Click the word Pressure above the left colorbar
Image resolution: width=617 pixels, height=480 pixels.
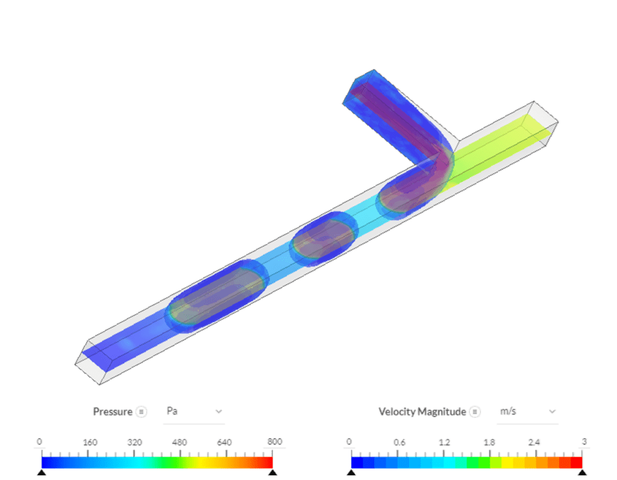click(x=113, y=411)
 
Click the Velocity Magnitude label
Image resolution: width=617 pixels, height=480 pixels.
click(x=422, y=411)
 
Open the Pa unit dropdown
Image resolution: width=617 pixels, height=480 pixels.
click(x=194, y=411)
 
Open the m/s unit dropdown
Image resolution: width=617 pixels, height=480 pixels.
click(x=527, y=411)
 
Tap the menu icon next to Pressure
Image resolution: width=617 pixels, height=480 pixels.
click(x=141, y=412)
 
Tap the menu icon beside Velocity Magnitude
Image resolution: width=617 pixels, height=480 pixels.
click(x=475, y=412)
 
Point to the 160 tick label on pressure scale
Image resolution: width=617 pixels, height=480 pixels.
click(x=90, y=442)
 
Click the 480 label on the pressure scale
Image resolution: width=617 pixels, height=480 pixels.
click(x=180, y=442)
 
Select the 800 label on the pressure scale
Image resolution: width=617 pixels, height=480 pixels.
click(x=275, y=441)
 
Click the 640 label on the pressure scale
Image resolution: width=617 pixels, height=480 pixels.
click(x=224, y=442)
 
